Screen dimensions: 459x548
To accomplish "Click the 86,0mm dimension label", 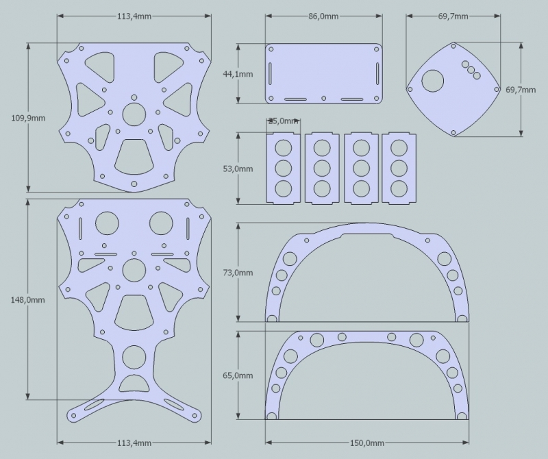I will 323,16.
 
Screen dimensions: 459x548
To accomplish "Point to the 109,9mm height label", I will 29,118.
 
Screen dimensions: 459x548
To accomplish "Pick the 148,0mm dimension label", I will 29,299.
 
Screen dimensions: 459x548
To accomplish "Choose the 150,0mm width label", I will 366,443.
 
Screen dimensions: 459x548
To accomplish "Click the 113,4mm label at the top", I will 134,16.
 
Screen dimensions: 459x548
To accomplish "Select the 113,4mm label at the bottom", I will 134,443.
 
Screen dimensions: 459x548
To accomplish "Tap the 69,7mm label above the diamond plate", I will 453,16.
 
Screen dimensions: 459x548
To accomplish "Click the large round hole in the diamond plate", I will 432,82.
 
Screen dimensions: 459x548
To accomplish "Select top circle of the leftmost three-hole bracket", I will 283,147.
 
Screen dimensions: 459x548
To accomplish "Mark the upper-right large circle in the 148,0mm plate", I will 161,223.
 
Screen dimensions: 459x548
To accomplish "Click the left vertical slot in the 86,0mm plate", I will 272,73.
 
